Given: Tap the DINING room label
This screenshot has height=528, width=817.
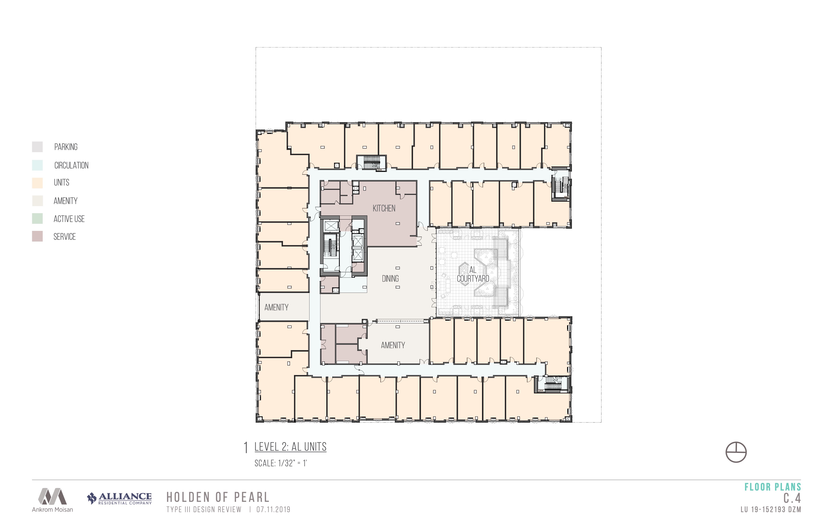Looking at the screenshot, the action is click(390, 278).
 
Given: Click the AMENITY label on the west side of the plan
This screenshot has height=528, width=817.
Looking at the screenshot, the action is click(276, 307).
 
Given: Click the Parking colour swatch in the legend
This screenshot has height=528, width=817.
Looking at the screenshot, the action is click(37, 147).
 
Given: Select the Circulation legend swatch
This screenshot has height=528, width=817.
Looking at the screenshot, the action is click(37, 165).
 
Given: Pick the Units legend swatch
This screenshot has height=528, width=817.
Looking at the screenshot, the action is click(37, 183).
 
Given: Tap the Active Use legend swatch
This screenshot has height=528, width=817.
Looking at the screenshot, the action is click(37, 218).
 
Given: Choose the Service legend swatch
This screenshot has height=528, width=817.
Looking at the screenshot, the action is click(37, 236).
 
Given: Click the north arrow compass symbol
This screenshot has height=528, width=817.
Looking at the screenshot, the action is click(736, 452).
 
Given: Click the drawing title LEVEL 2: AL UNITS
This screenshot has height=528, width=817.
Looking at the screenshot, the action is click(291, 447).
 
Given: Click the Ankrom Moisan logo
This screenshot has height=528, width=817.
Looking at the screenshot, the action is click(53, 500).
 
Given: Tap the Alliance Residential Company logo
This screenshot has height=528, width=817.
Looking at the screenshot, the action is click(119, 498).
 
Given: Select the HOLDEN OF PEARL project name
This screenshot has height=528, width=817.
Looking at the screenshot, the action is click(218, 497).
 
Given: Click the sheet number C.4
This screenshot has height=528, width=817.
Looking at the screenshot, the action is click(792, 498).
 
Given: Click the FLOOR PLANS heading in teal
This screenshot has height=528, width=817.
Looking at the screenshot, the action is click(773, 487).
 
